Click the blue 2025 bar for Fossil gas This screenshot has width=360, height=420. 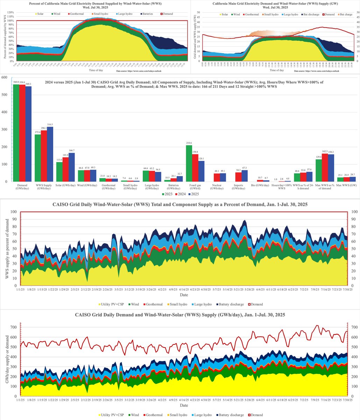coord(201,171)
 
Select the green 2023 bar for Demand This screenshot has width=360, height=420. coord(15,133)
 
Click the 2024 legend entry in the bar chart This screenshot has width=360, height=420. coord(181,194)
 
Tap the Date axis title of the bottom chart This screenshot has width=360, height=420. coord(184,405)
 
